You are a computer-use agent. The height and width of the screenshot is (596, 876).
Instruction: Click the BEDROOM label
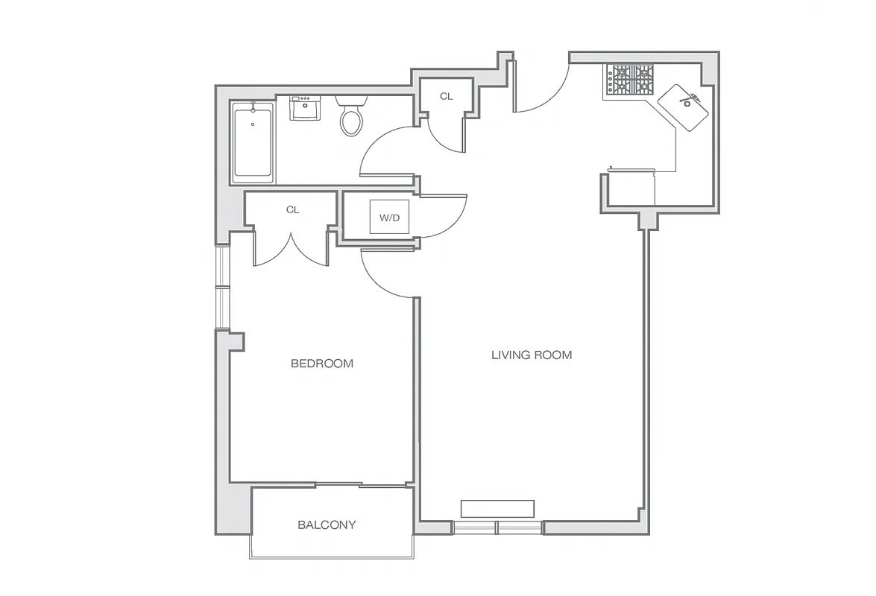(321, 364)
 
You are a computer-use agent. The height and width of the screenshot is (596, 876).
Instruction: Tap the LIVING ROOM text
(532, 355)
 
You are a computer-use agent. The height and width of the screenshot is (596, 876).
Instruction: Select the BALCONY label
(327, 524)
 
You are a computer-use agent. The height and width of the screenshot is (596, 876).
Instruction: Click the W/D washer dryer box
(389, 218)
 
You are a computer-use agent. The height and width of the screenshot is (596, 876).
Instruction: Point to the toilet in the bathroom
(351, 116)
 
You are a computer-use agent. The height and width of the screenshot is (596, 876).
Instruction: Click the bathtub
(253, 142)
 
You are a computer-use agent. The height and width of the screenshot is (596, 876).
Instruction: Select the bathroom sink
(305, 110)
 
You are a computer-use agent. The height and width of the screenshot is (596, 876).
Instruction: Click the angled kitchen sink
(684, 105)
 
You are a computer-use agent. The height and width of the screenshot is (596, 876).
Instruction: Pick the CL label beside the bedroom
(292, 210)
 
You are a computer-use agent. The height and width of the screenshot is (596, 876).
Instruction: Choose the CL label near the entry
(446, 96)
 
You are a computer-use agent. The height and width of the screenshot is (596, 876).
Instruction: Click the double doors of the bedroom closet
(292, 250)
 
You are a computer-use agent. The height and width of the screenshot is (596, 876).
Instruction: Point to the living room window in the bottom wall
(497, 528)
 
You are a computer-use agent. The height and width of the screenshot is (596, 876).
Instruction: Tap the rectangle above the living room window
(497, 508)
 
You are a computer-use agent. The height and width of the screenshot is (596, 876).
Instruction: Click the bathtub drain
(253, 124)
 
